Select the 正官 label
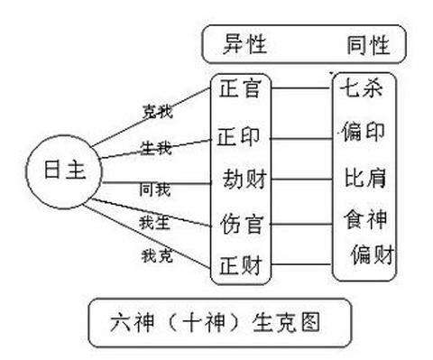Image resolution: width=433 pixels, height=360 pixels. pyautogui.click(x=239, y=89)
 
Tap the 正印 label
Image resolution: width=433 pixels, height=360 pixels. pyautogui.click(x=239, y=137)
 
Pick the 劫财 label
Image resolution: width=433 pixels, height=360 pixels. pyautogui.click(x=243, y=179)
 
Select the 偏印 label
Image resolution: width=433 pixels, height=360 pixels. pyautogui.click(x=364, y=132)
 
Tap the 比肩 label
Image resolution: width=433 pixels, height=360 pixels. pyautogui.click(x=366, y=178)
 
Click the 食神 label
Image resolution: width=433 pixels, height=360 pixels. pyautogui.click(x=366, y=218)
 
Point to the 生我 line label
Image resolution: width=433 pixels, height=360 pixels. pyautogui.click(x=157, y=149)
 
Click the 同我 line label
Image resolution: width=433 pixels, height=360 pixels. pyautogui.click(x=154, y=189)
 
